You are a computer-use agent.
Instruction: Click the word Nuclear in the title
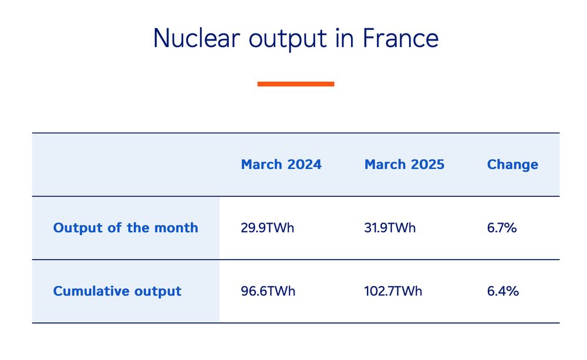coord(197,38)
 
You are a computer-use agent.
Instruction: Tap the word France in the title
coord(400,38)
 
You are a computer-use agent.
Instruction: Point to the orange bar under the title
coord(296,84)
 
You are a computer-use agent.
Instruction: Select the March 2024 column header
coord(281,164)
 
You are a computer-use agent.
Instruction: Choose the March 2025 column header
coord(404,164)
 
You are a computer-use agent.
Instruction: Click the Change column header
coord(512,165)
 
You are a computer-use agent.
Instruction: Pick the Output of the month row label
coord(126,228)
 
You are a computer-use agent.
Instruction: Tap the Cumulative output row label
coord(117,291)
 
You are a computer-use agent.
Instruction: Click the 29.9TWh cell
coord(267,228)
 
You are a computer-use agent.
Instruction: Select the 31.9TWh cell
coord(390,228)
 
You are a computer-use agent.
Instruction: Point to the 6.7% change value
coord(502,228)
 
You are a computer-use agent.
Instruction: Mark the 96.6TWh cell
coord(268,291)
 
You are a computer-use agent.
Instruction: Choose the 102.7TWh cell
coord(393,291)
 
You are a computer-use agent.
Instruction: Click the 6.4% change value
coord(503,291)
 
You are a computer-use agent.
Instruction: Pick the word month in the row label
coord(176,228)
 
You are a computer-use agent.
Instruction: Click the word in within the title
coord(345,38)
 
